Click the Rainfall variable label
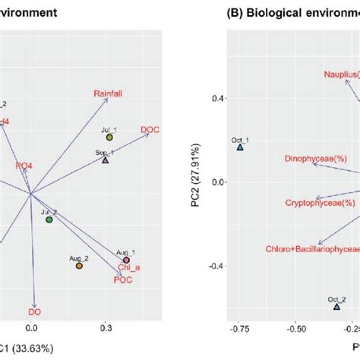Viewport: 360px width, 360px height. pos(109,93)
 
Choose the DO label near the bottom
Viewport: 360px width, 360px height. pos(34,311)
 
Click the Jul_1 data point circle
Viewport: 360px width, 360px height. pos(109,137)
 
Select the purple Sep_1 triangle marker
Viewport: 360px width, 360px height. pos(106,159)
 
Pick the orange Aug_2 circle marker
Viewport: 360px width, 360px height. pos(79,265)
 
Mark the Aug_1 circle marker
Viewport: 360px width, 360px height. pos(126,261)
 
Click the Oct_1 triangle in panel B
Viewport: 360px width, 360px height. pos(240,147)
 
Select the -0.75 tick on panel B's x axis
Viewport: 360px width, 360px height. pos(240,330)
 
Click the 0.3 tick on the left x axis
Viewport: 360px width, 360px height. pos(106,329)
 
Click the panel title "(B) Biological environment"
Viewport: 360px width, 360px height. pos(292,13)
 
